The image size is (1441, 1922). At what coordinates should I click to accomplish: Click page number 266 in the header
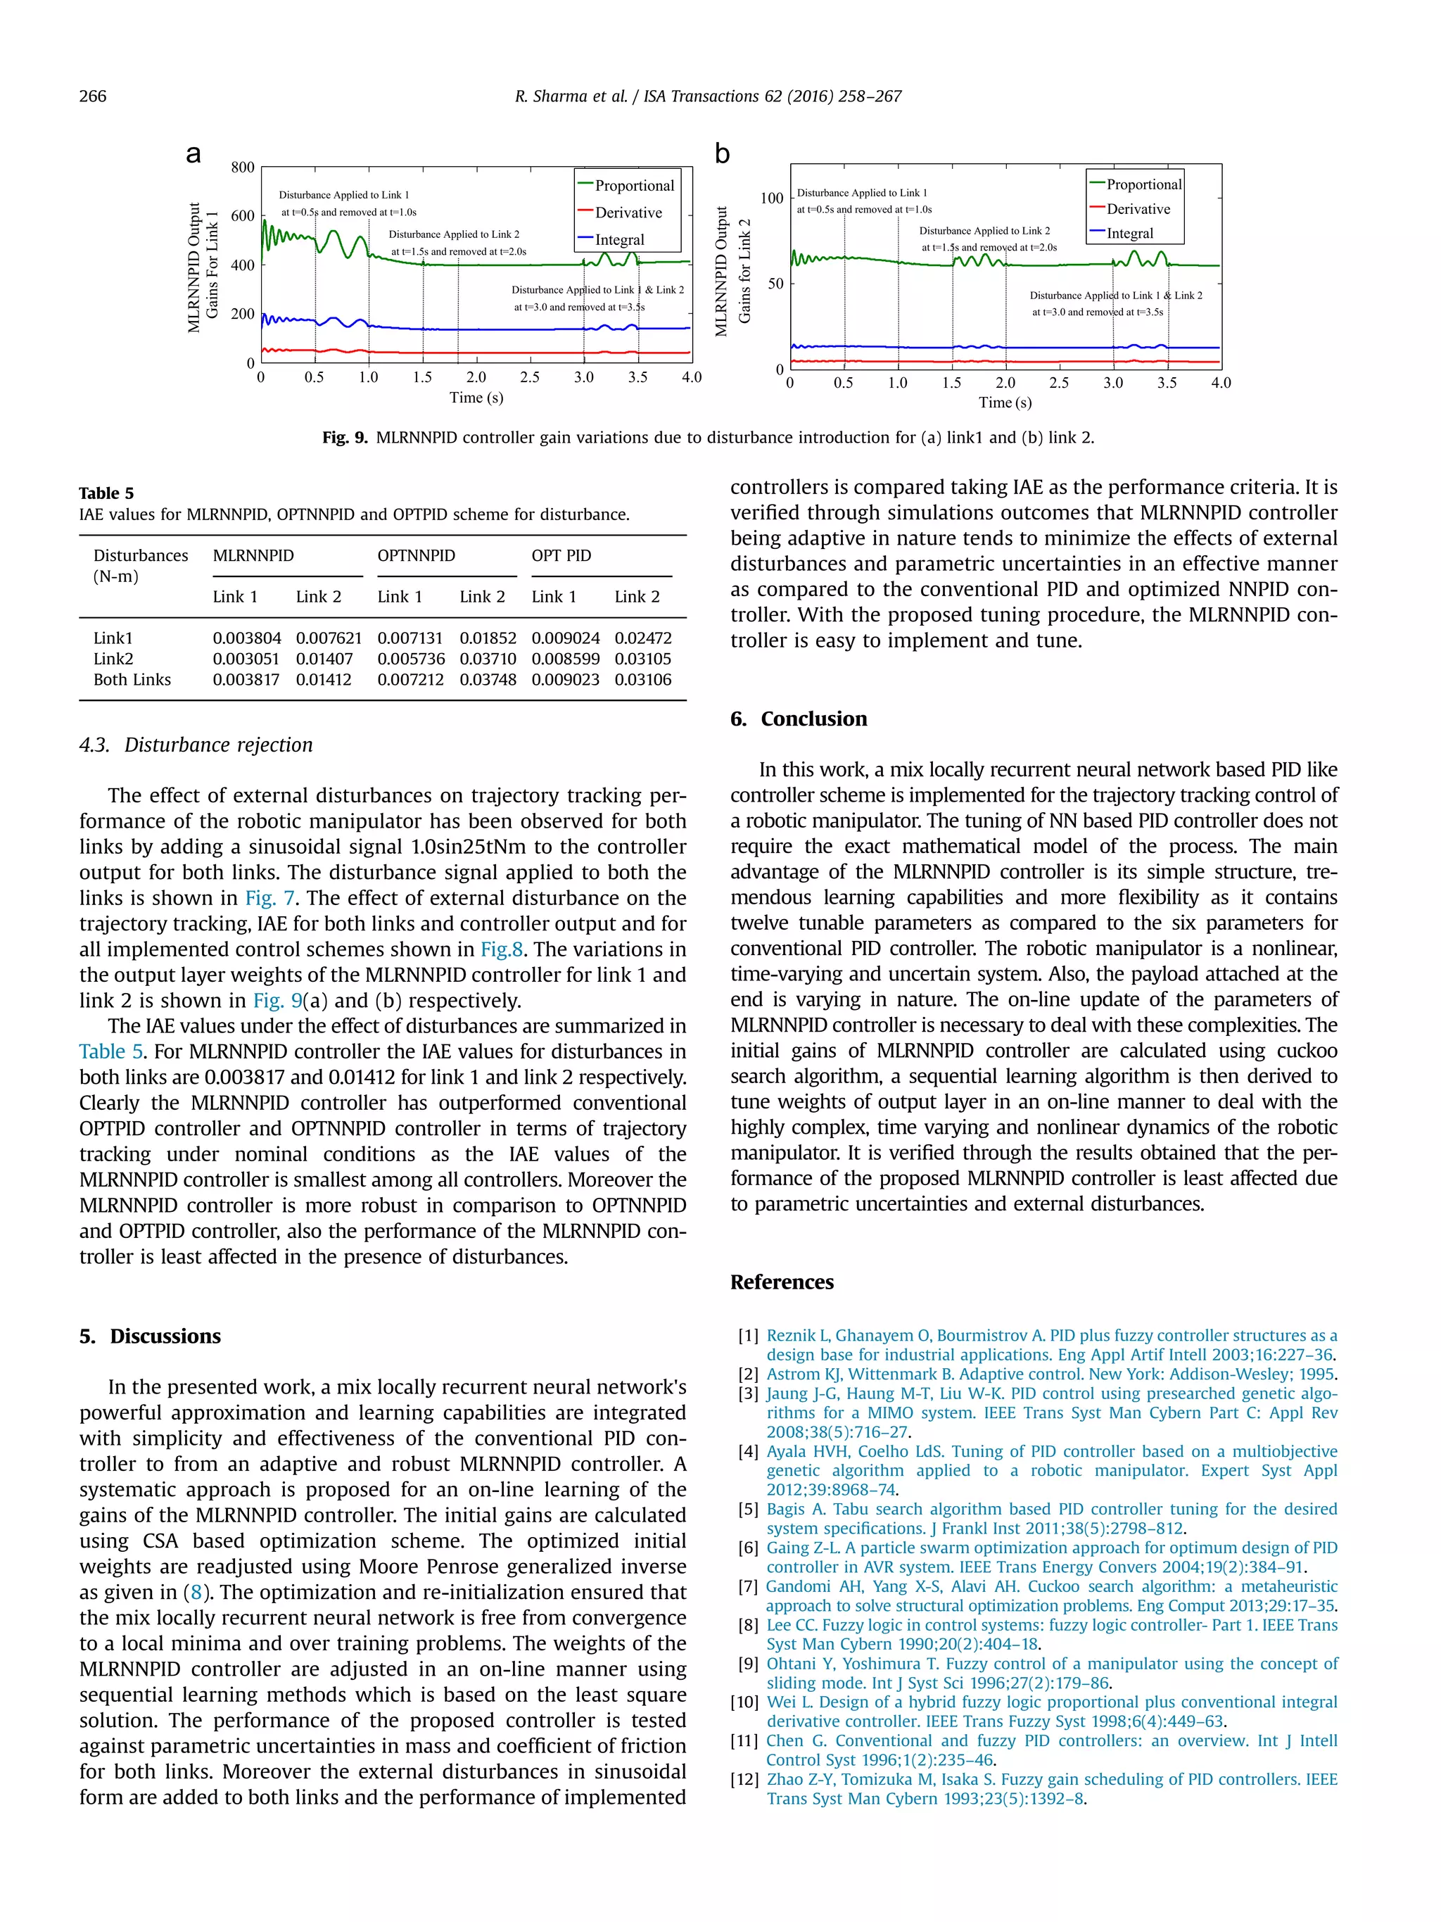tap(93, 96)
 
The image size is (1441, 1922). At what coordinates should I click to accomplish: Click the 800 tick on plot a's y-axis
tap(242, 167)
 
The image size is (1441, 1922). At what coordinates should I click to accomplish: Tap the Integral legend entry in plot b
tap(1129, 234)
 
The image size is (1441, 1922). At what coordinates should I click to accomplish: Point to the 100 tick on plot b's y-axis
tap(771, 198)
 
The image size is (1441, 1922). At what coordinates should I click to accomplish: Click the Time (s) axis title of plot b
tap(1005, 403)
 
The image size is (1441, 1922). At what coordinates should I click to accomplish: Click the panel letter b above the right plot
tap(723, 154)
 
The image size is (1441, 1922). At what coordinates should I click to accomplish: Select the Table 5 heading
tap(106, 493)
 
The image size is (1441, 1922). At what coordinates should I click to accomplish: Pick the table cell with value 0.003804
tap(247, 638)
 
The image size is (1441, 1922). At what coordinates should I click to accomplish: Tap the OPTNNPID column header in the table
tap(416, 555)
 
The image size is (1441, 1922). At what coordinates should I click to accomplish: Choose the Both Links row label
tap(132, 679)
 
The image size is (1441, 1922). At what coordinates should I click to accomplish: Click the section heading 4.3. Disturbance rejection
tap(196, 745)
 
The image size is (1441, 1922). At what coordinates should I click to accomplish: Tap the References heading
tap(782, 1282)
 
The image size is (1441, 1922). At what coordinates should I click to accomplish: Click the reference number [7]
tap(748, 1586)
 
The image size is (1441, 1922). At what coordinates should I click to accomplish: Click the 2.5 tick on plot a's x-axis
tap(530, 377)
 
